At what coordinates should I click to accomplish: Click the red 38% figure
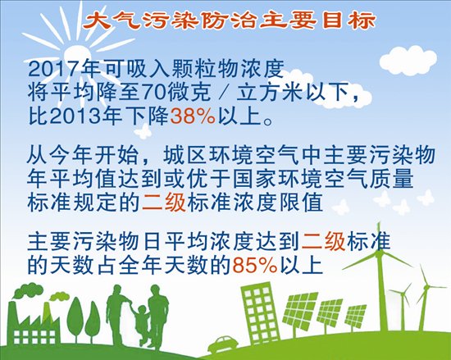193,116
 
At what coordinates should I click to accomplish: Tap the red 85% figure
255,265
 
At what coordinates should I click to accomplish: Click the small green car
223,344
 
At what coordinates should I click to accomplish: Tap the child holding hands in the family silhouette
142,323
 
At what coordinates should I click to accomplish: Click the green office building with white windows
259,312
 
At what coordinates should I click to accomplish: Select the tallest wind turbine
380,276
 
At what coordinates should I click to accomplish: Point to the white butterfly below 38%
143,131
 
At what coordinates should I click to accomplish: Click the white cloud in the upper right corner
408,61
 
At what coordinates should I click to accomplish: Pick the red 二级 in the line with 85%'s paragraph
324,242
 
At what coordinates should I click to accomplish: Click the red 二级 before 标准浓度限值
164,203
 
